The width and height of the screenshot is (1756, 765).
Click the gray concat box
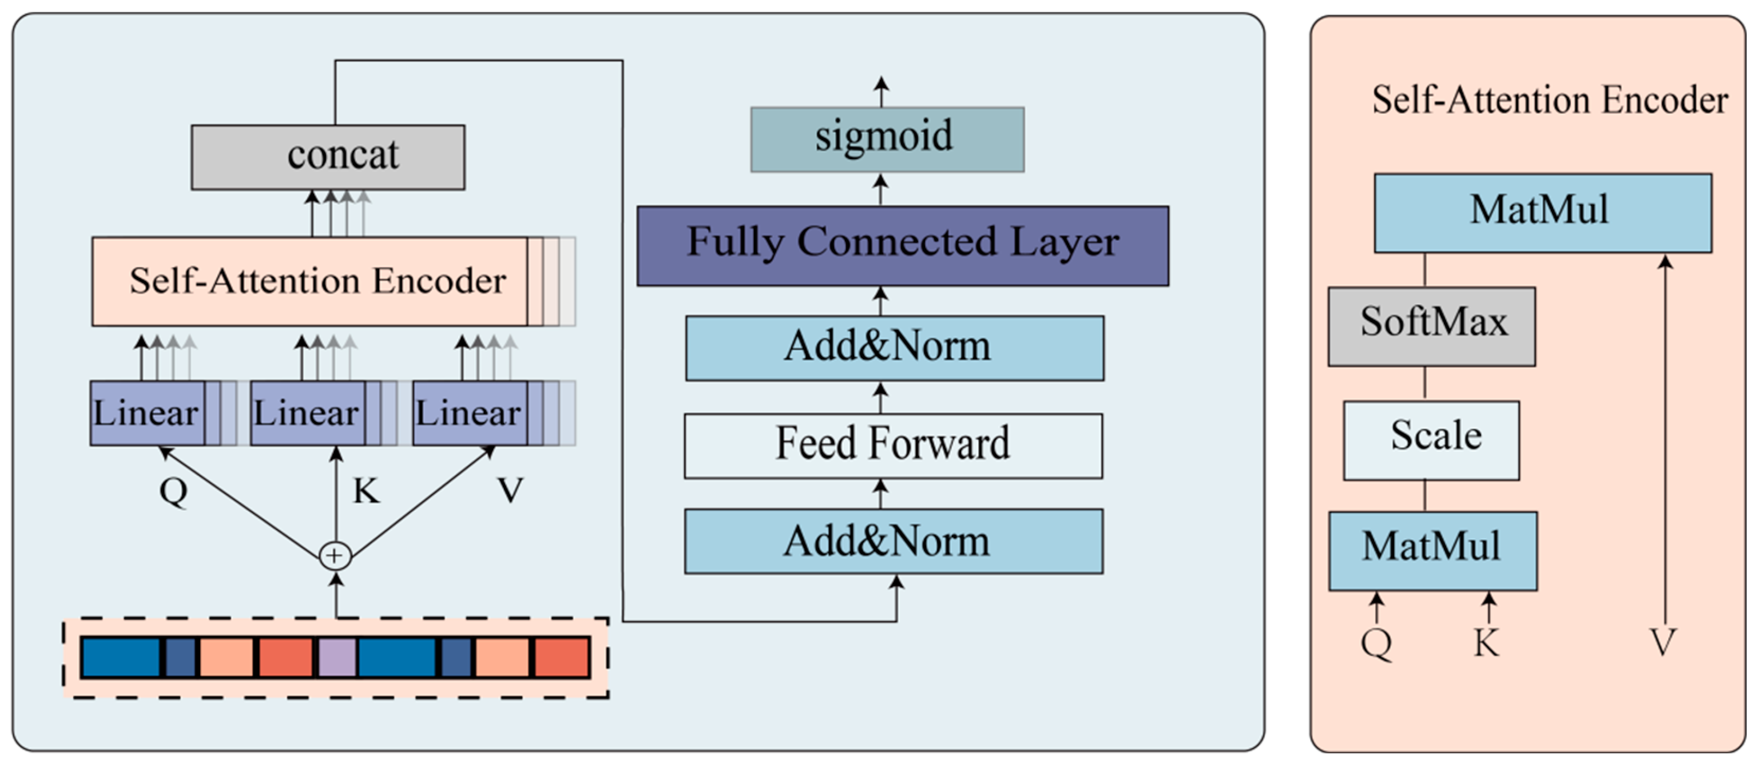click(328, 157)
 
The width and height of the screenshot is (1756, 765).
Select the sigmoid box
click(887, 139)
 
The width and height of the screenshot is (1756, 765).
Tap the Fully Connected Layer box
click(903, 245)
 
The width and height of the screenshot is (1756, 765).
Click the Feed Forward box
click(893, 445)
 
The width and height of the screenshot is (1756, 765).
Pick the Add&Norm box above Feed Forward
click(894, 348)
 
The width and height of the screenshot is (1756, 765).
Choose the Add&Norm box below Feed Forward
click(894, 541)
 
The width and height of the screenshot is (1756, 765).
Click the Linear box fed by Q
click(147, 413)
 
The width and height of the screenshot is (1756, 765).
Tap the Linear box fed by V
click(470, 413)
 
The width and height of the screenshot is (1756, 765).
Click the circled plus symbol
click(335, 555)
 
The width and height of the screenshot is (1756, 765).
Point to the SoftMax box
click(1431, 326)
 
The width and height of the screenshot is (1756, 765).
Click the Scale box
click(1431, 440)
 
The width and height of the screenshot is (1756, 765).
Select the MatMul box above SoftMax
click(1543, 213)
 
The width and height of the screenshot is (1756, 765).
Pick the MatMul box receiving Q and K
click(1432, 550)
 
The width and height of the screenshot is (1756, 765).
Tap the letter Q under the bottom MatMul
click(1376, 643)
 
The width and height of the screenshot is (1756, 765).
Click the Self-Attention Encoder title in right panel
click(1550, 100)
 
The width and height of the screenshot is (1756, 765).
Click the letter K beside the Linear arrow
click(366, 490)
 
